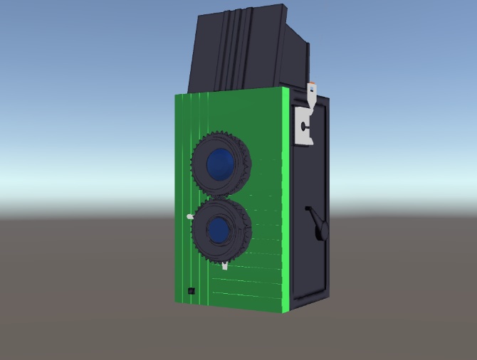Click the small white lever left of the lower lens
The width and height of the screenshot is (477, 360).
click(189, 216)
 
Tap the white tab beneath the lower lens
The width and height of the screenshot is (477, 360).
click(225, 266)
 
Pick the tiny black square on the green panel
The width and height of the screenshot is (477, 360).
click(190, 290)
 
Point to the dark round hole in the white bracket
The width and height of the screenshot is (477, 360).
click(304, 126)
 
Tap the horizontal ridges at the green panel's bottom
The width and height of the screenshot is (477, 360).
click(246, 285)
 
